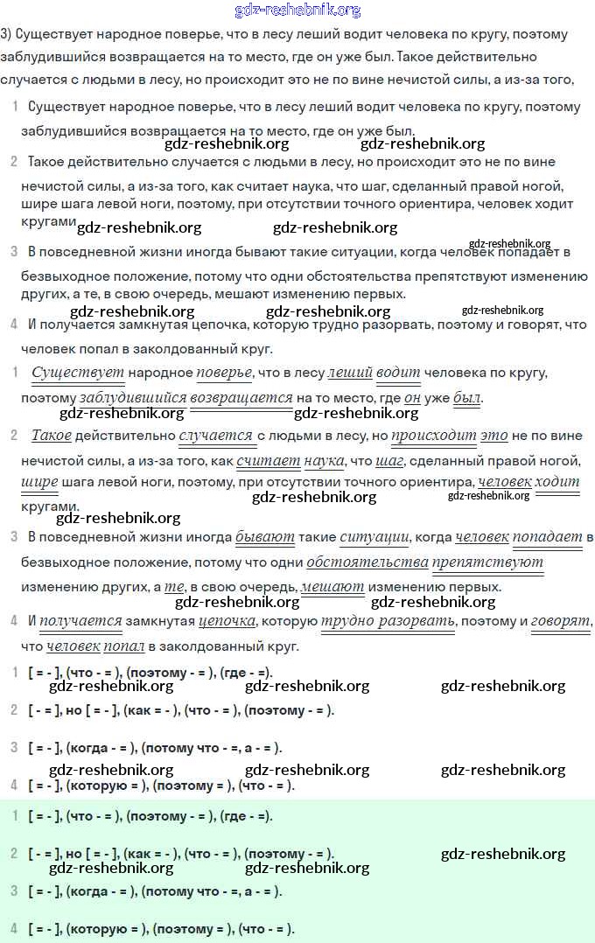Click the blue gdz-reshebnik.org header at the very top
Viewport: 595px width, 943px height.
297,10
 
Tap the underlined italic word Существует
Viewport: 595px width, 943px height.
78,373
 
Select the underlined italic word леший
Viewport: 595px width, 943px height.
350,373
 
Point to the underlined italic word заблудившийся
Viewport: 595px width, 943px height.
133,398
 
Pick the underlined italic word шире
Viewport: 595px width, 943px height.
39,482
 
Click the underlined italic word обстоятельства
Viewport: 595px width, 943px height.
367,562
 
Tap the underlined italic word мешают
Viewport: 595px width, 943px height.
332,587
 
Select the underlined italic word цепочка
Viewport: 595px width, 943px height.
227,621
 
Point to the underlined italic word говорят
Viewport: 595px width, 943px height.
561,621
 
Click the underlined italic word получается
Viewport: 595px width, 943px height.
80,621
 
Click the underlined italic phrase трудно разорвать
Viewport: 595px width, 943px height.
388,621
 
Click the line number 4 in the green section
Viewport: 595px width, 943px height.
14,928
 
